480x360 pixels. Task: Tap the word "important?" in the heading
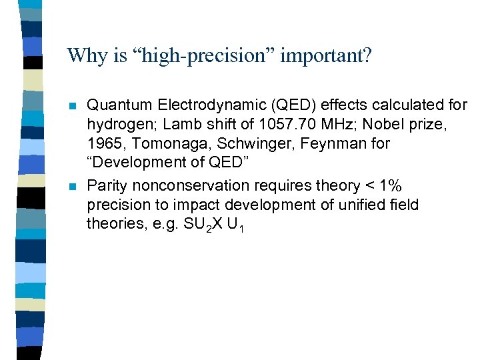(326, 55)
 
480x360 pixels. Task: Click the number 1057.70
(283, 124)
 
